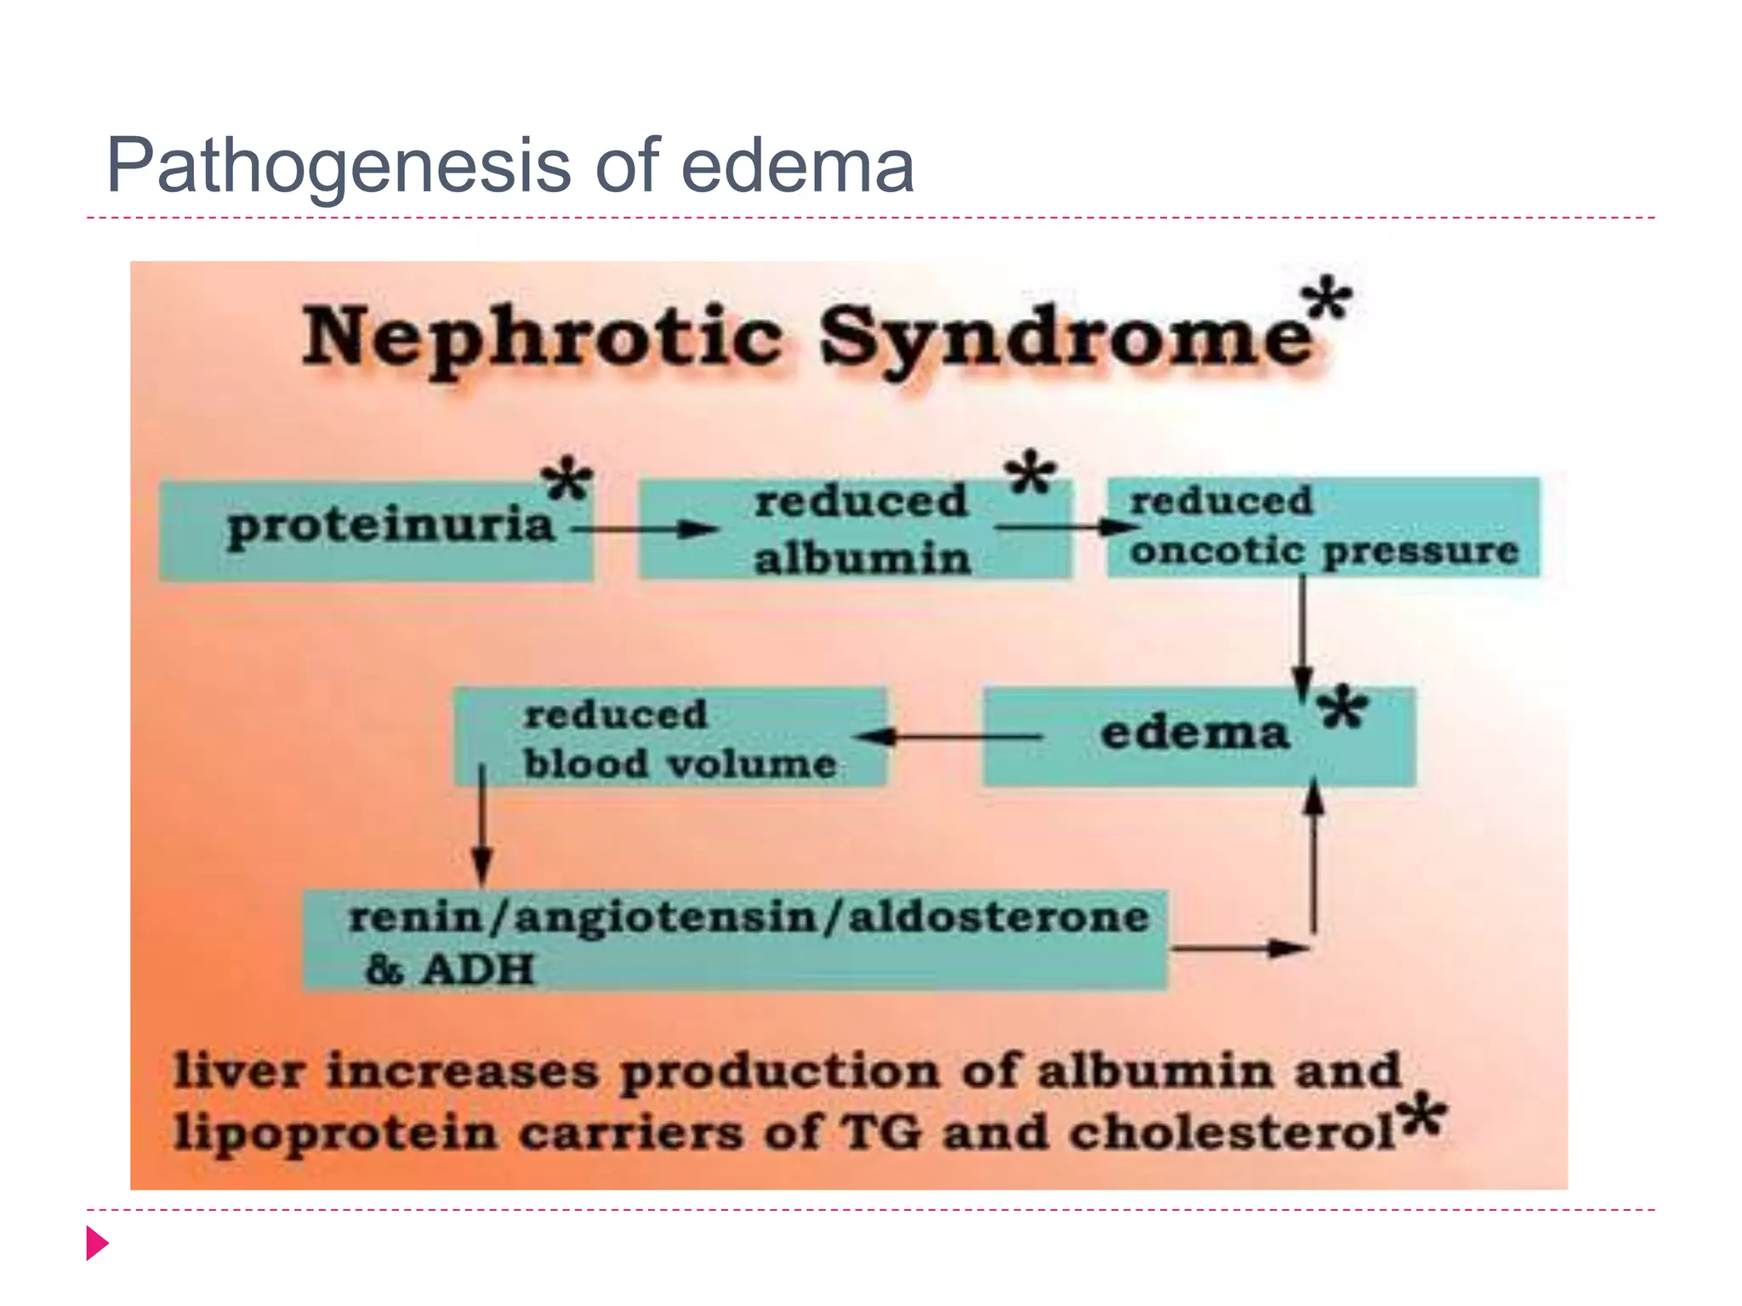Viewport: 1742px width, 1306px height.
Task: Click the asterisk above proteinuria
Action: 567,480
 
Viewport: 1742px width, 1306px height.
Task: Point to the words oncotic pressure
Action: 1324,551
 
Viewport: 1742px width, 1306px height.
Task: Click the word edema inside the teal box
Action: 1194,733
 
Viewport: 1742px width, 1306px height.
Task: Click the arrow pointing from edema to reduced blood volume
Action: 948,736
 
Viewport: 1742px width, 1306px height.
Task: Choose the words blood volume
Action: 680,764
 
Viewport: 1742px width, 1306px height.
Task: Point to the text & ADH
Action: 449,969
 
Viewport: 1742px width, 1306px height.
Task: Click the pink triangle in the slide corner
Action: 97,1243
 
